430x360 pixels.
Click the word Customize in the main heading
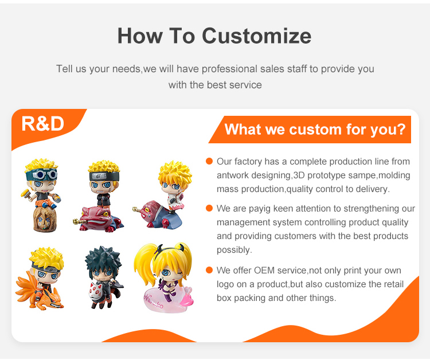256,36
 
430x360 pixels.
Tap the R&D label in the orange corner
43,124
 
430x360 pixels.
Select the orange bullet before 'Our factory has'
209,161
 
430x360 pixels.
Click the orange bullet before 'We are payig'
209,208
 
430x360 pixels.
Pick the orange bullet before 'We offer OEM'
209,270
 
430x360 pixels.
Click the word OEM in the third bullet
264,271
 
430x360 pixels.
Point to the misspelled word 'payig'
260,209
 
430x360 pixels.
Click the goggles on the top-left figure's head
41,174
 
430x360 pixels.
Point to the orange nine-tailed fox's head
53,301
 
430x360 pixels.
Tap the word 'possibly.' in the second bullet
234,250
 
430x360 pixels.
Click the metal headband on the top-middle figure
104,176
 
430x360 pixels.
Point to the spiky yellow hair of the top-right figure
175,172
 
